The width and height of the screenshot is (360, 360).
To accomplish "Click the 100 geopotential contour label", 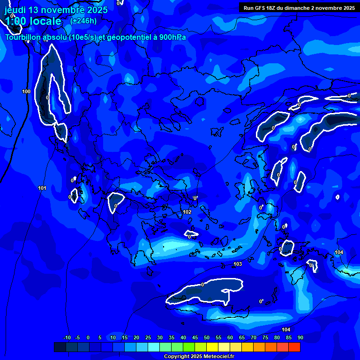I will [26, 91].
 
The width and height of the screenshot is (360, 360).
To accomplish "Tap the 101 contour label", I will [42, 188].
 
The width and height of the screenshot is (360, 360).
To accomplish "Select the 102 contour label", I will [187, 212].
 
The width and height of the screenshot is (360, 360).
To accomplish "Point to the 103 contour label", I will [238, 264].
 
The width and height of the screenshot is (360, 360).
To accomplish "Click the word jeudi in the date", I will [15, 10].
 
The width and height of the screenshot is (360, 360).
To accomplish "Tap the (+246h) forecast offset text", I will [83, 21].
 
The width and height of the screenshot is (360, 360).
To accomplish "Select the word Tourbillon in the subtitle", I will [23, 37].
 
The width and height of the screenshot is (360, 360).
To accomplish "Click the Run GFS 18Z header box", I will [299, 8].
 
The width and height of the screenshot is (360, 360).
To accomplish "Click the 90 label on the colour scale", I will [300, 337].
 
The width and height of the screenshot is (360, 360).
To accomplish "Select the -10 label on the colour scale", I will [67, 337].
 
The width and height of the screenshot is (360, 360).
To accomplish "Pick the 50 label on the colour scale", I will [206, 337].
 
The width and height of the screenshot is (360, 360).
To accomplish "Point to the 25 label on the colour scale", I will [148, 337].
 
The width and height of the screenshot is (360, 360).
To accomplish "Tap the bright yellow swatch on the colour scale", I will [212, 347].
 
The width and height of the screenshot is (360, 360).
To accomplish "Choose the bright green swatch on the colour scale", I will [189, 347].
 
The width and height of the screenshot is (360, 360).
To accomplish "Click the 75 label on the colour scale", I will [265, 337].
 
